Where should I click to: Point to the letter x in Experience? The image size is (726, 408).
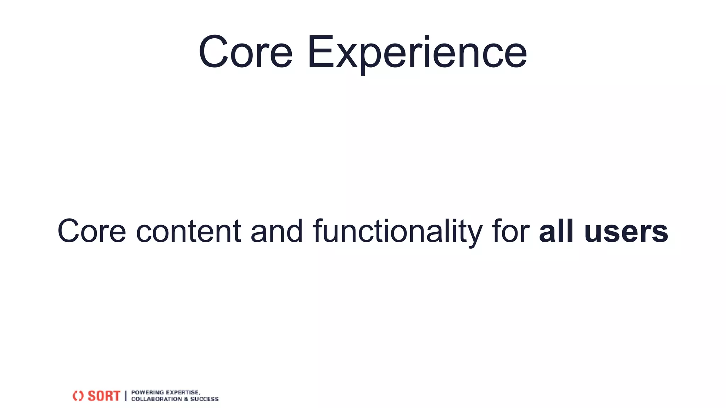pos(346,57)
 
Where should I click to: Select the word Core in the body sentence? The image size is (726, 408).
pos(92,231)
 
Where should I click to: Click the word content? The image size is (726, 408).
pos(189,231)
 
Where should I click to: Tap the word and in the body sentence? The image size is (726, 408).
pos(277,231)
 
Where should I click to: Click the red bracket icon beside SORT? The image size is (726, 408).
pos(78,396)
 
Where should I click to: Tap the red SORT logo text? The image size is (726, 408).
pos(104,396)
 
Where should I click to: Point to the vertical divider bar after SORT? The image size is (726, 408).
pos(126,396)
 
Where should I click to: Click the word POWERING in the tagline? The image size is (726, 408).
pos(147,392)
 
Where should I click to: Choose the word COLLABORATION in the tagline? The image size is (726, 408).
pos(156,399)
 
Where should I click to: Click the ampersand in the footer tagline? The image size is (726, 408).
pos(186,399)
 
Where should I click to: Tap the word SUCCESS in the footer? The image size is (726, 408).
pos(205,399)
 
